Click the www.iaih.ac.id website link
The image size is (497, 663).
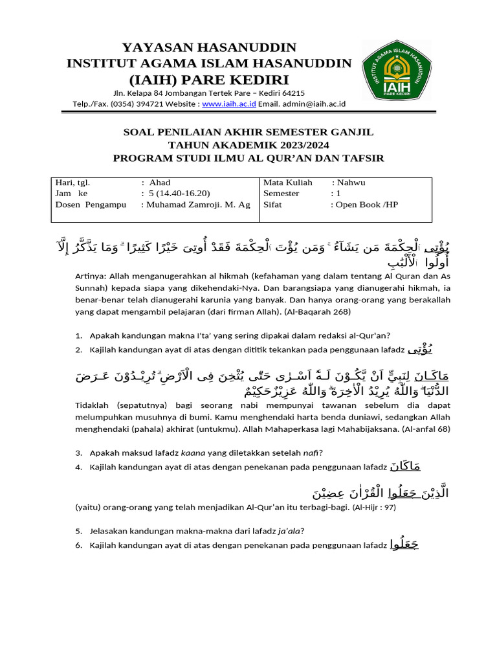(x=229, y=104)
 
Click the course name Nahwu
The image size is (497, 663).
(x=351, y=183)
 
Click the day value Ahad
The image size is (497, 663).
(x=160, y=183)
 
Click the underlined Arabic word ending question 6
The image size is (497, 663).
(x=405, y=545)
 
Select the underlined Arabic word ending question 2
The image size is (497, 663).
(x=417, y=350)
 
